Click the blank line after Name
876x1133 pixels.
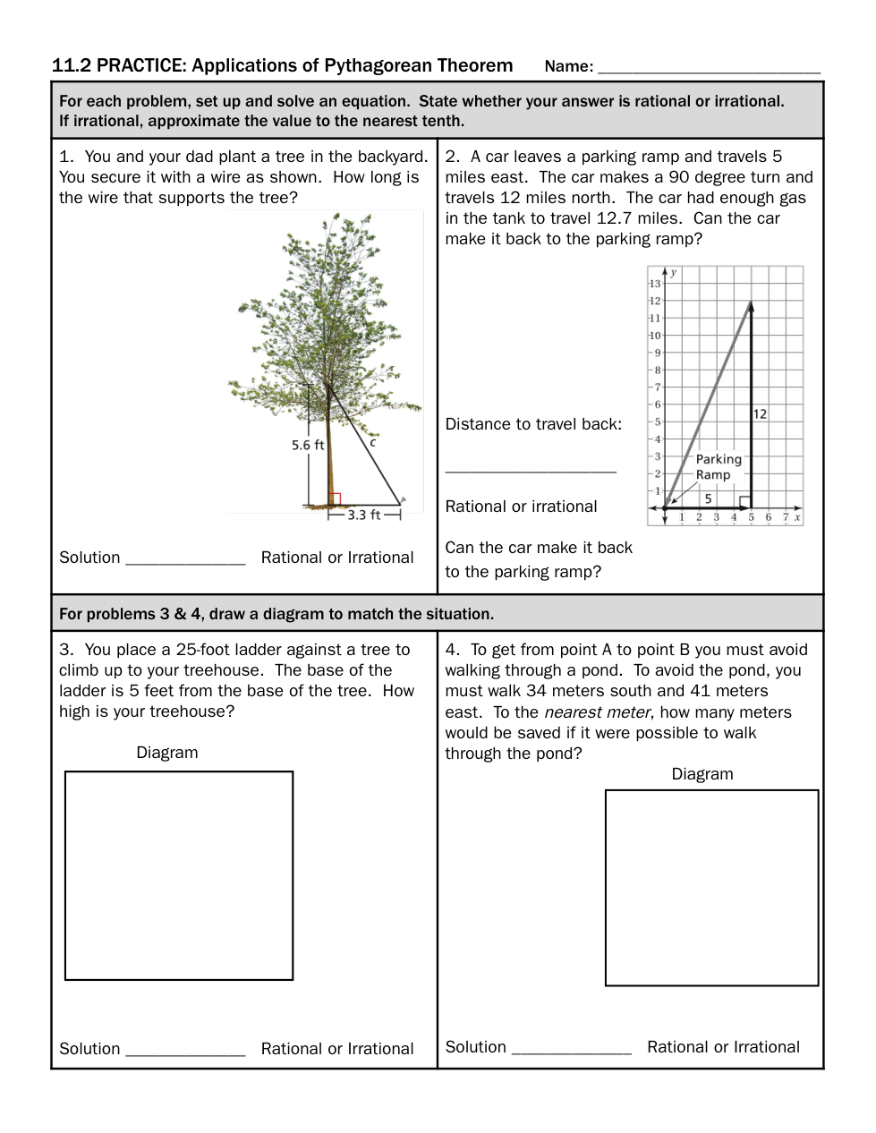pyautogui.click(x=709, y=70)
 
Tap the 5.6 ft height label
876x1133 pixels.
pyautogui.click(x=308, y=445)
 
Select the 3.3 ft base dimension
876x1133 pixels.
pyautogui.click(x=363, y=515)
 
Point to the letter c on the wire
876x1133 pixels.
pyautogui.click(x=372, y=442)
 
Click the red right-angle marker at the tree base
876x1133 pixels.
pyautogui.click(x=336, y=499)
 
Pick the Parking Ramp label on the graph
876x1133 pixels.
pyautogui.click(x=718, y=467)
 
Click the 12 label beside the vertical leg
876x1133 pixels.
pyautogui.click(x=760, y=413)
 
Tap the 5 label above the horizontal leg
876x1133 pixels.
pyautogui.click(x=708, y=498)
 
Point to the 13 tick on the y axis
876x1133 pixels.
pyautogui.click(x=654, y=284)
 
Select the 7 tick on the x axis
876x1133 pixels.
pyautogui.click(x=786, y=517)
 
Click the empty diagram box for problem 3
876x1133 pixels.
pyautogui.click(x=179, y=875)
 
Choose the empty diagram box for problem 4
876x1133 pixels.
pyautogui.click(x=711, y=887)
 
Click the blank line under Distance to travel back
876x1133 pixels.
pyautogui.click(x=531, y=469)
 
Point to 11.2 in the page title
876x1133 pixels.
pyautogui.click(x=71, y=65)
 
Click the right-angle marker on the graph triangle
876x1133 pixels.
pyautogui.click(x=743, y=500)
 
